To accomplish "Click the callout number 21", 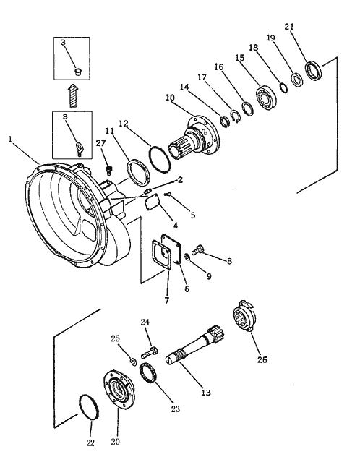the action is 289,27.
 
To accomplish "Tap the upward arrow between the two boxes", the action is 72,95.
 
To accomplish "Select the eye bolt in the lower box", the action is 80,149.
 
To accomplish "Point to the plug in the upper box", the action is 78,72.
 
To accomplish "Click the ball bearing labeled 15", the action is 265,98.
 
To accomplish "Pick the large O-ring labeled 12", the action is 160,160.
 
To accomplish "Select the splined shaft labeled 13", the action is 195,345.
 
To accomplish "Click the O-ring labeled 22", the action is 89,407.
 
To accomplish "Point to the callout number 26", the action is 262,359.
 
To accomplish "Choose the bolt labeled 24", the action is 149,352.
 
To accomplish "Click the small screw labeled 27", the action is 109,171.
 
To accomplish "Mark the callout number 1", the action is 11,139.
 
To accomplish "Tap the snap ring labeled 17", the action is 235,116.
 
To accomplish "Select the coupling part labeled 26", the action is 244,315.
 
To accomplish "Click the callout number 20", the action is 116,442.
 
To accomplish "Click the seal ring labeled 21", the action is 314,70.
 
